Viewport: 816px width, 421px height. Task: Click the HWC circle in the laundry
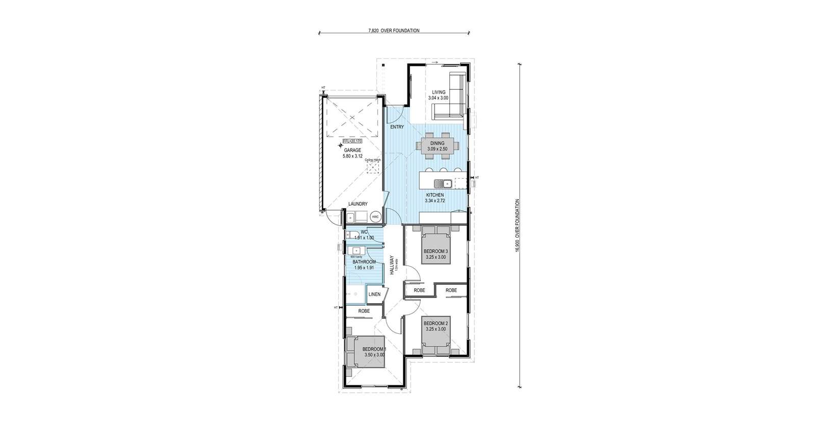coord(375,217)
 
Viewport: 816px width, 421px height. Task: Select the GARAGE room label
coord(352,151)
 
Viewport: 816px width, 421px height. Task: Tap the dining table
coord(437,146)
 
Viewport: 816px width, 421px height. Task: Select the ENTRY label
coord(397,127)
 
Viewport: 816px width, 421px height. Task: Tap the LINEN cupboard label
coord(374,294)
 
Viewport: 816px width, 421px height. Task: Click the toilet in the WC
coord(350,236)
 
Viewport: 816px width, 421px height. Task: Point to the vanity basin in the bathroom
coord(355,251)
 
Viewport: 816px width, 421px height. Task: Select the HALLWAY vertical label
coord(392,265)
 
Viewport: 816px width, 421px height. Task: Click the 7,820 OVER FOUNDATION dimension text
coord(394,31)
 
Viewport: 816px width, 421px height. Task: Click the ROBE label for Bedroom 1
coord(364,310)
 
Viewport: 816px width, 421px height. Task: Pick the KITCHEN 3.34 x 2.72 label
coord(435,198)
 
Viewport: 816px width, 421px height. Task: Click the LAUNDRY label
coord(358,204)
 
